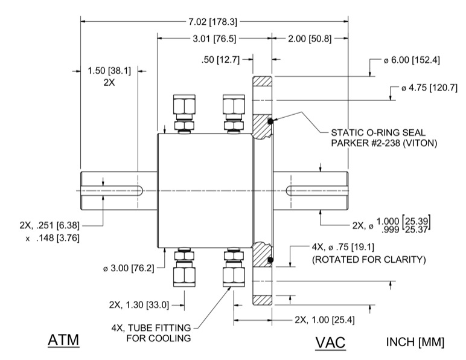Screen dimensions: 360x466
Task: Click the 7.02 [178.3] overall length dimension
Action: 213,22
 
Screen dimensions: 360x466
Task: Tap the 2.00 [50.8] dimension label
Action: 310,39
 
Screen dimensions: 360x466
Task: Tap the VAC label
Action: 330,342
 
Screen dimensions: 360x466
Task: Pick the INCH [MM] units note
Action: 415,342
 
